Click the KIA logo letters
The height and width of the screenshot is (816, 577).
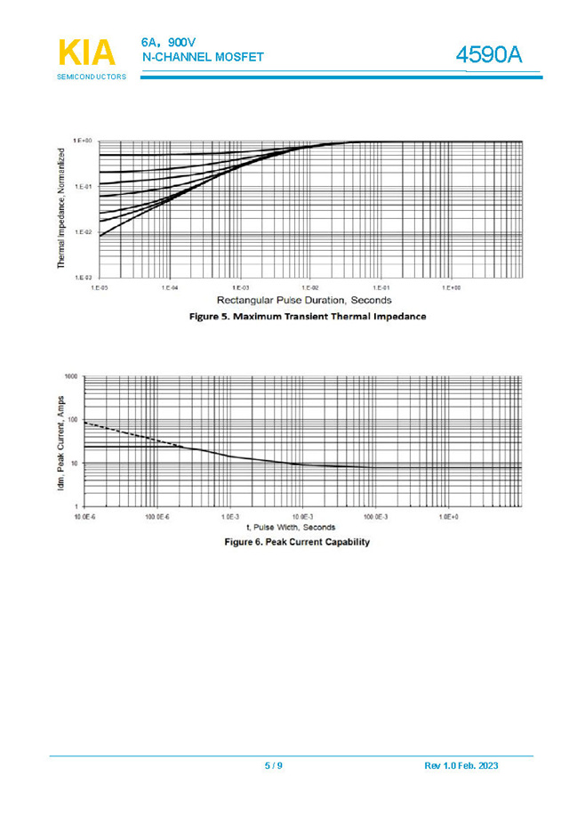coord(87,53)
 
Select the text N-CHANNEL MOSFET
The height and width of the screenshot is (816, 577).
coord(203,58)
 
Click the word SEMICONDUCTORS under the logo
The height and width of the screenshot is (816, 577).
coord(92,77)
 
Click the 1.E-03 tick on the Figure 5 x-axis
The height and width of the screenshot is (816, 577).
coord(239,288)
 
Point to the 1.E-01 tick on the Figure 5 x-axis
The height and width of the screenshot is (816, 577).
coord(381,288)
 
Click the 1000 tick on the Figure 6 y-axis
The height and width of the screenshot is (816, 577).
coord(72,376)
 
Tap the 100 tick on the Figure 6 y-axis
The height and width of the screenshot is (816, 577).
coord(74,420)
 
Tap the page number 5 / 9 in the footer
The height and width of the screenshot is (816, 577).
coord(273,766)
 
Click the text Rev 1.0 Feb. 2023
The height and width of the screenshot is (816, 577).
coord(461,766)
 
